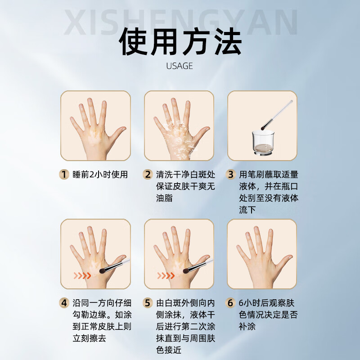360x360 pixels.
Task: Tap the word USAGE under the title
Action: pos(180,66)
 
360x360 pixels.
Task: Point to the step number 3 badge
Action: pos(231,175)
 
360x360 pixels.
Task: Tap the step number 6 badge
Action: pos(231,303)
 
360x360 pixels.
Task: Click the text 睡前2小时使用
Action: pos(100,175)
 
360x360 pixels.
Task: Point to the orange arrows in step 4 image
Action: pos(82,275)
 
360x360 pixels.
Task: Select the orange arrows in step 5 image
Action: pos(166,275)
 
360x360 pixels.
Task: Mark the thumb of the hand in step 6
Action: pos(284,261)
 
